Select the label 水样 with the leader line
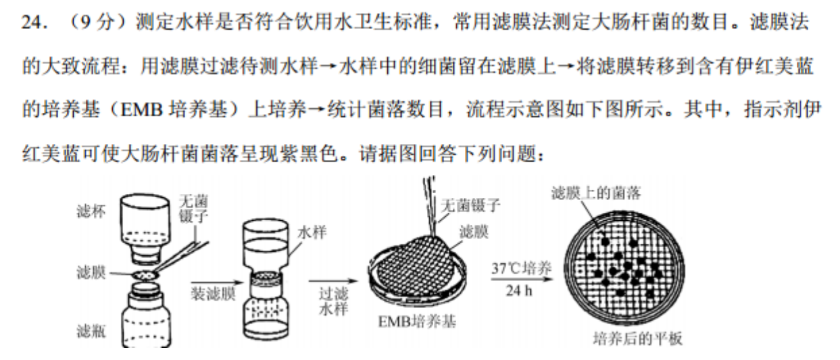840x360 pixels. (314, 232)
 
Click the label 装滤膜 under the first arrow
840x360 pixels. (210, 294)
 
